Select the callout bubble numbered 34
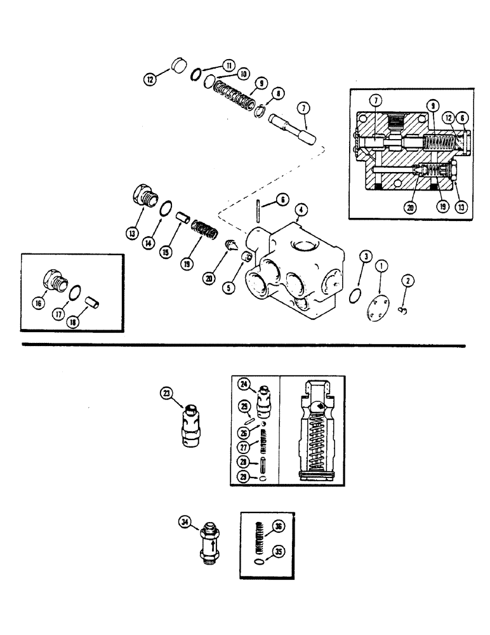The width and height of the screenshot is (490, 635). pos(185,522)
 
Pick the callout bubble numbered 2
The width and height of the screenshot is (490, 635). pos(406,279)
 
